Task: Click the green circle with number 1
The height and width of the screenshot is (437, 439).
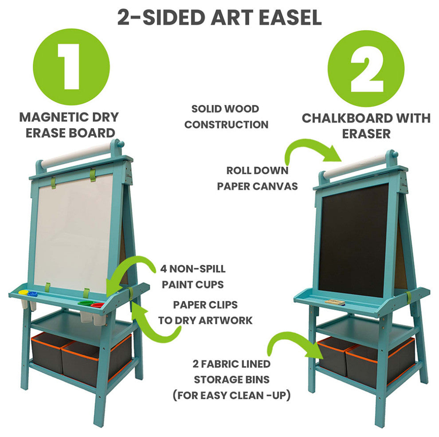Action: [x=71, y=66]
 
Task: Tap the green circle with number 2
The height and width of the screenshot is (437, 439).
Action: [x=366, y=68]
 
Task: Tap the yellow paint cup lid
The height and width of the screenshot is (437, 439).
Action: [x=23, y=293]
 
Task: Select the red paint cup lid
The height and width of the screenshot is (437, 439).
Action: [x=97, y=305]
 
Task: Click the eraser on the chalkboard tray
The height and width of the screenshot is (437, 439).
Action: [x=334, y=302]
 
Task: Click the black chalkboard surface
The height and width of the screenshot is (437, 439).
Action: [x=353, y=241]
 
